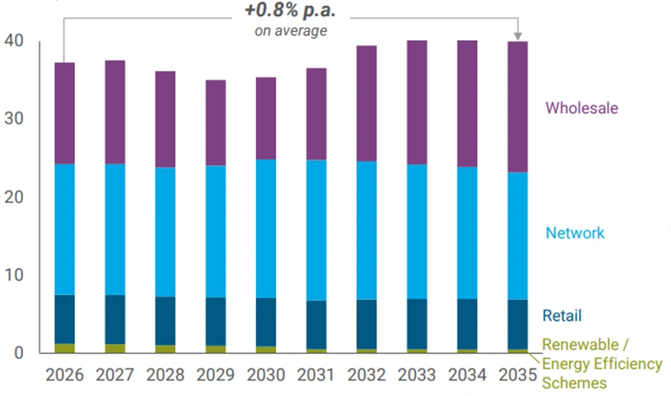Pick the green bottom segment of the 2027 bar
pos(115,348)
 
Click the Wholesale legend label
pos(582,108)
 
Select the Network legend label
pos(575,233)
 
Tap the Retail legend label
pos(562,316)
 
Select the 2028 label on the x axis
pos(165,374)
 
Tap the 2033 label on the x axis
pos(417,374)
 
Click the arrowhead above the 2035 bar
pos(518,36)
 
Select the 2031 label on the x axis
pos(316,374)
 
